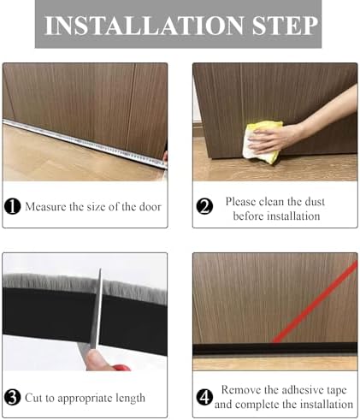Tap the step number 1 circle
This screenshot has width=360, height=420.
[14, 206]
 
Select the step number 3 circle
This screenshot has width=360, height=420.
[14, 397]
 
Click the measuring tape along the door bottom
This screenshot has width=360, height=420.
[86, 142]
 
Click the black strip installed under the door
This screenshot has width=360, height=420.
[274, 350]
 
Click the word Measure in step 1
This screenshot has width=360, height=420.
[46, 206]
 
